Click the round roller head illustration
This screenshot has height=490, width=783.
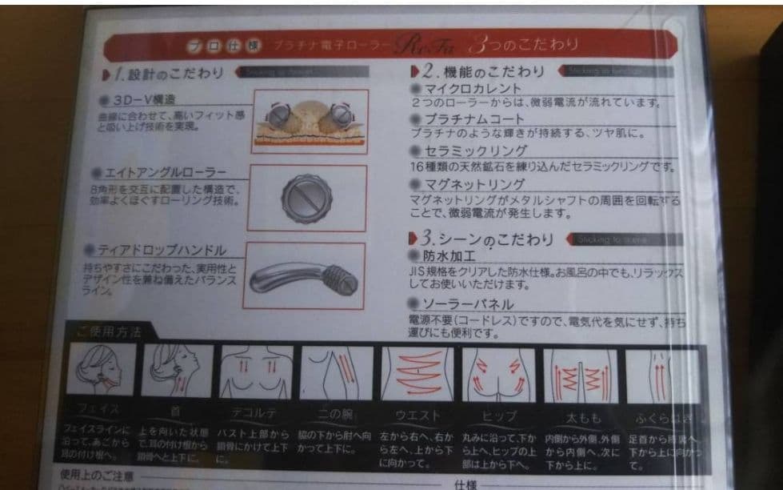pyautogui.click(x=306, y=195)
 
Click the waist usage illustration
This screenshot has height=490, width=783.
pyautogui.click(x=417, y=374)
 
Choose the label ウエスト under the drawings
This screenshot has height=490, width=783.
pyautogui.click(x=417, y=416)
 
